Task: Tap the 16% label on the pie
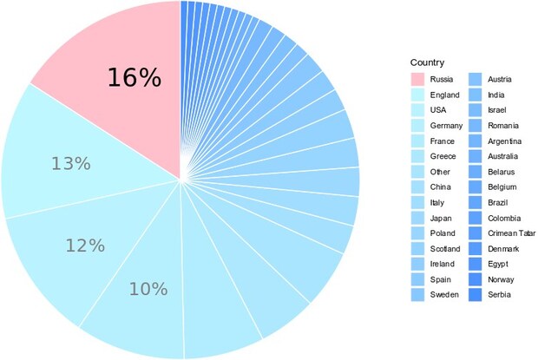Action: [134, 77]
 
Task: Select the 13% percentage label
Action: [70, 163]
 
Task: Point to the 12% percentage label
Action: [85, 245]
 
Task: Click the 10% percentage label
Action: [148, 289]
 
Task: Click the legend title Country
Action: [428, 63]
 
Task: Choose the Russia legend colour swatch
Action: [418, 79]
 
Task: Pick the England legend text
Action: [445, 95]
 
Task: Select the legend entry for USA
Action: [439, 110]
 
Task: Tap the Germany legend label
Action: [447, 126]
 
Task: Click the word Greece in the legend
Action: [443, 157]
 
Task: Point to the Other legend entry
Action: [441, 172]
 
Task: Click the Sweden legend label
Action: [445, 296]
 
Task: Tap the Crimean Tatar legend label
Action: [510, 233]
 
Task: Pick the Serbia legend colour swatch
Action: [476, 296]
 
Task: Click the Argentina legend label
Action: [505, 141]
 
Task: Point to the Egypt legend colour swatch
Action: [476, 265]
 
